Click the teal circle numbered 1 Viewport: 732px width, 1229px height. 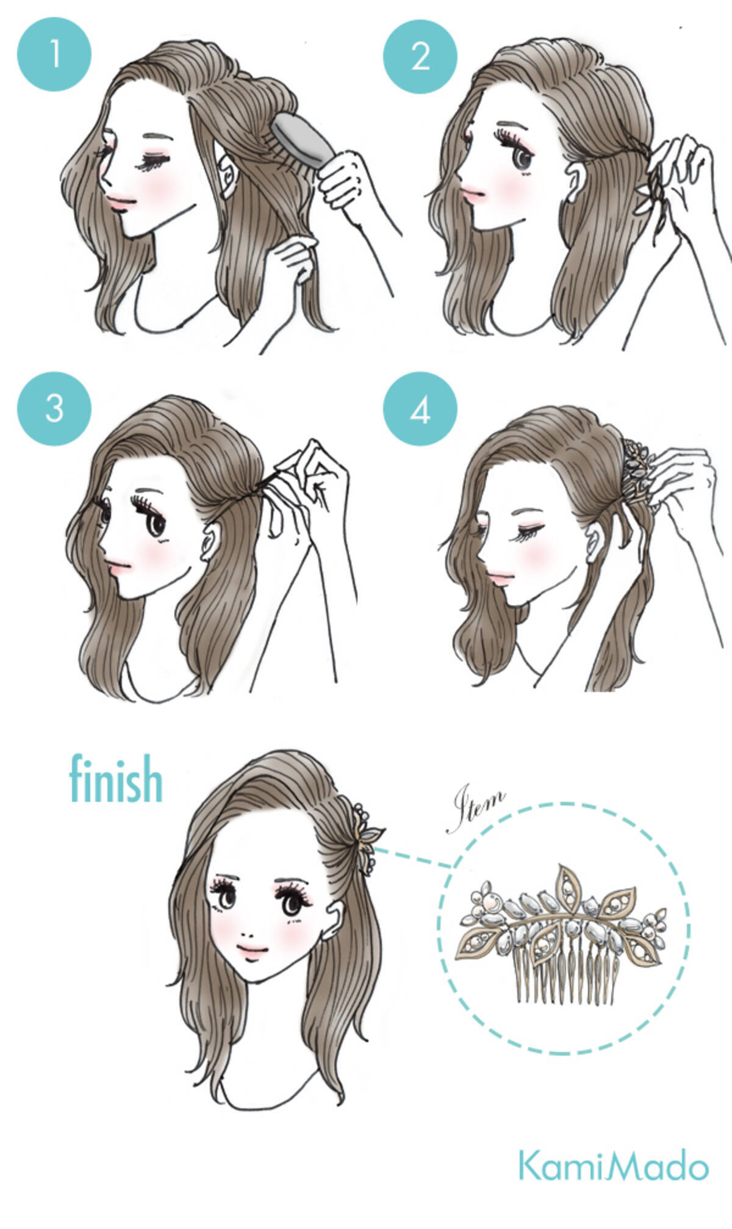(54, 54)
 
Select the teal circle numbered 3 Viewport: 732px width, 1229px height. (54, 408)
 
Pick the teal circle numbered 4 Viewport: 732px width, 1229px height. (420, 410)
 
